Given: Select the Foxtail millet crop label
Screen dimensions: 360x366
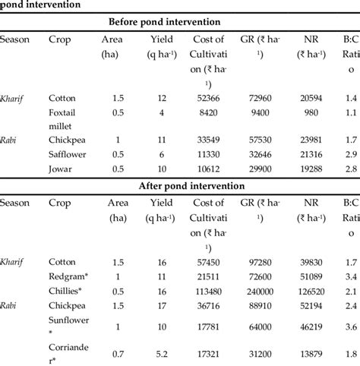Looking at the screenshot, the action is coord(65,118).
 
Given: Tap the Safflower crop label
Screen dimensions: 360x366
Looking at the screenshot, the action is coord(70,154).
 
